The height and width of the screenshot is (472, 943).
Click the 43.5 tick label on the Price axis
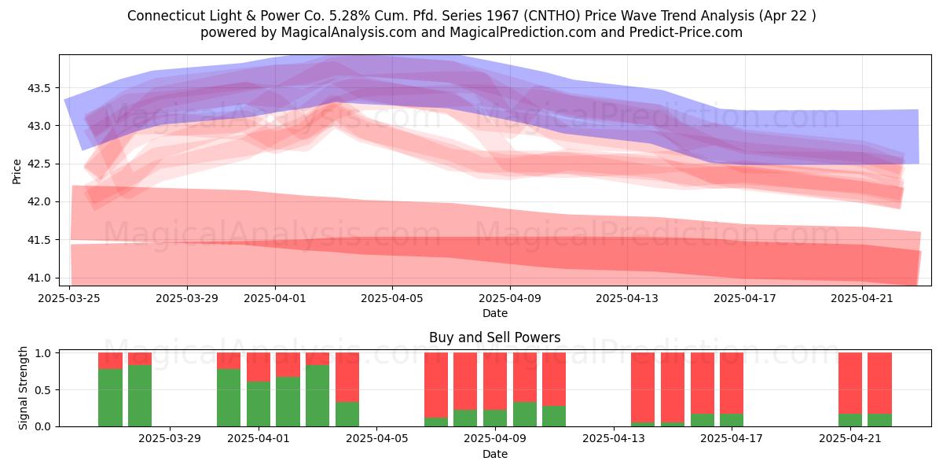[x=39, y=88]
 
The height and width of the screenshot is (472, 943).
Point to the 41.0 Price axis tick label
[x=39, y=278]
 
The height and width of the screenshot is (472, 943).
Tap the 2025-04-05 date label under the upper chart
[x=392, y=298]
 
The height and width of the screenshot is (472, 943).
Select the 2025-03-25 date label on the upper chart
[x=69, y=298]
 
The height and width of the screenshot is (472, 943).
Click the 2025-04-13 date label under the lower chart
[x=614, y=439]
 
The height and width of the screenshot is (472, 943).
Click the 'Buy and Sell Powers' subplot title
[x=494, y=337]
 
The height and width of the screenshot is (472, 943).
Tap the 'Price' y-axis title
[x=17, y=171]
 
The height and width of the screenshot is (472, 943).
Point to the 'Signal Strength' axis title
[x=23, y=388]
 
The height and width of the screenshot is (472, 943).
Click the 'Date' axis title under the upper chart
[x=494, y=313]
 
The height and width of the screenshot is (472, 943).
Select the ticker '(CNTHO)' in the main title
[x=552, y=16]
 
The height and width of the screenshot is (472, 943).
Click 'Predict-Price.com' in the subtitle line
[x=686, y=32]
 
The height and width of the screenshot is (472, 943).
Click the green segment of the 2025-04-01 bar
[x=259, y=404]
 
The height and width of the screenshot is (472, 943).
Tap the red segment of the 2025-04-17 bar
[x=732, y=383]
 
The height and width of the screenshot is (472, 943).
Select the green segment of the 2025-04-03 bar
[x=317, y=396]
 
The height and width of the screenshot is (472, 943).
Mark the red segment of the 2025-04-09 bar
[x=494, y=382]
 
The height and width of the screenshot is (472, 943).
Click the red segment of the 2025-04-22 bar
[x=880, y=383]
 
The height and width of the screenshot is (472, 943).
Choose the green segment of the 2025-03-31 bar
[x=229, y=397]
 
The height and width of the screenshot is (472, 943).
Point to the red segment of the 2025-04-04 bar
[x=347, y=377]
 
